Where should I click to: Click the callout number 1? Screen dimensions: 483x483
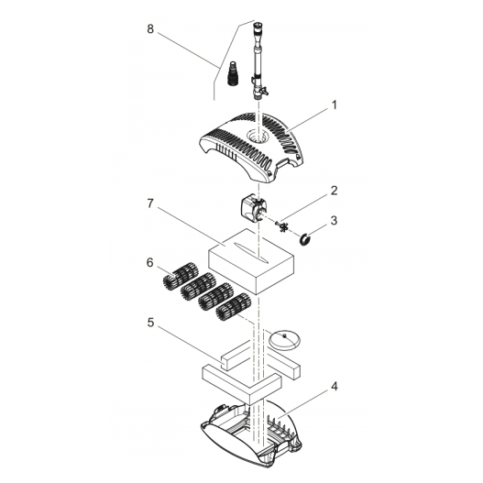pos(335,105)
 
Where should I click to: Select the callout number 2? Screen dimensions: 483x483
pos(335,191)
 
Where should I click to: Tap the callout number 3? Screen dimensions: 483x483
pos(335,220)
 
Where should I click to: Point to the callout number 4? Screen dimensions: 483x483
pos(335,387)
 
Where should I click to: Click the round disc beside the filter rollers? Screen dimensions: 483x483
pos(286,338)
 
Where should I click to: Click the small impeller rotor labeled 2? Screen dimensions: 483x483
pos(283,225)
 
